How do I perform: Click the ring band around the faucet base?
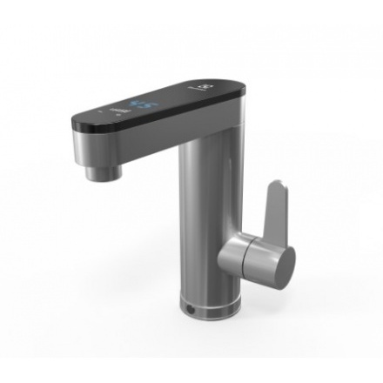(209, 306)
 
